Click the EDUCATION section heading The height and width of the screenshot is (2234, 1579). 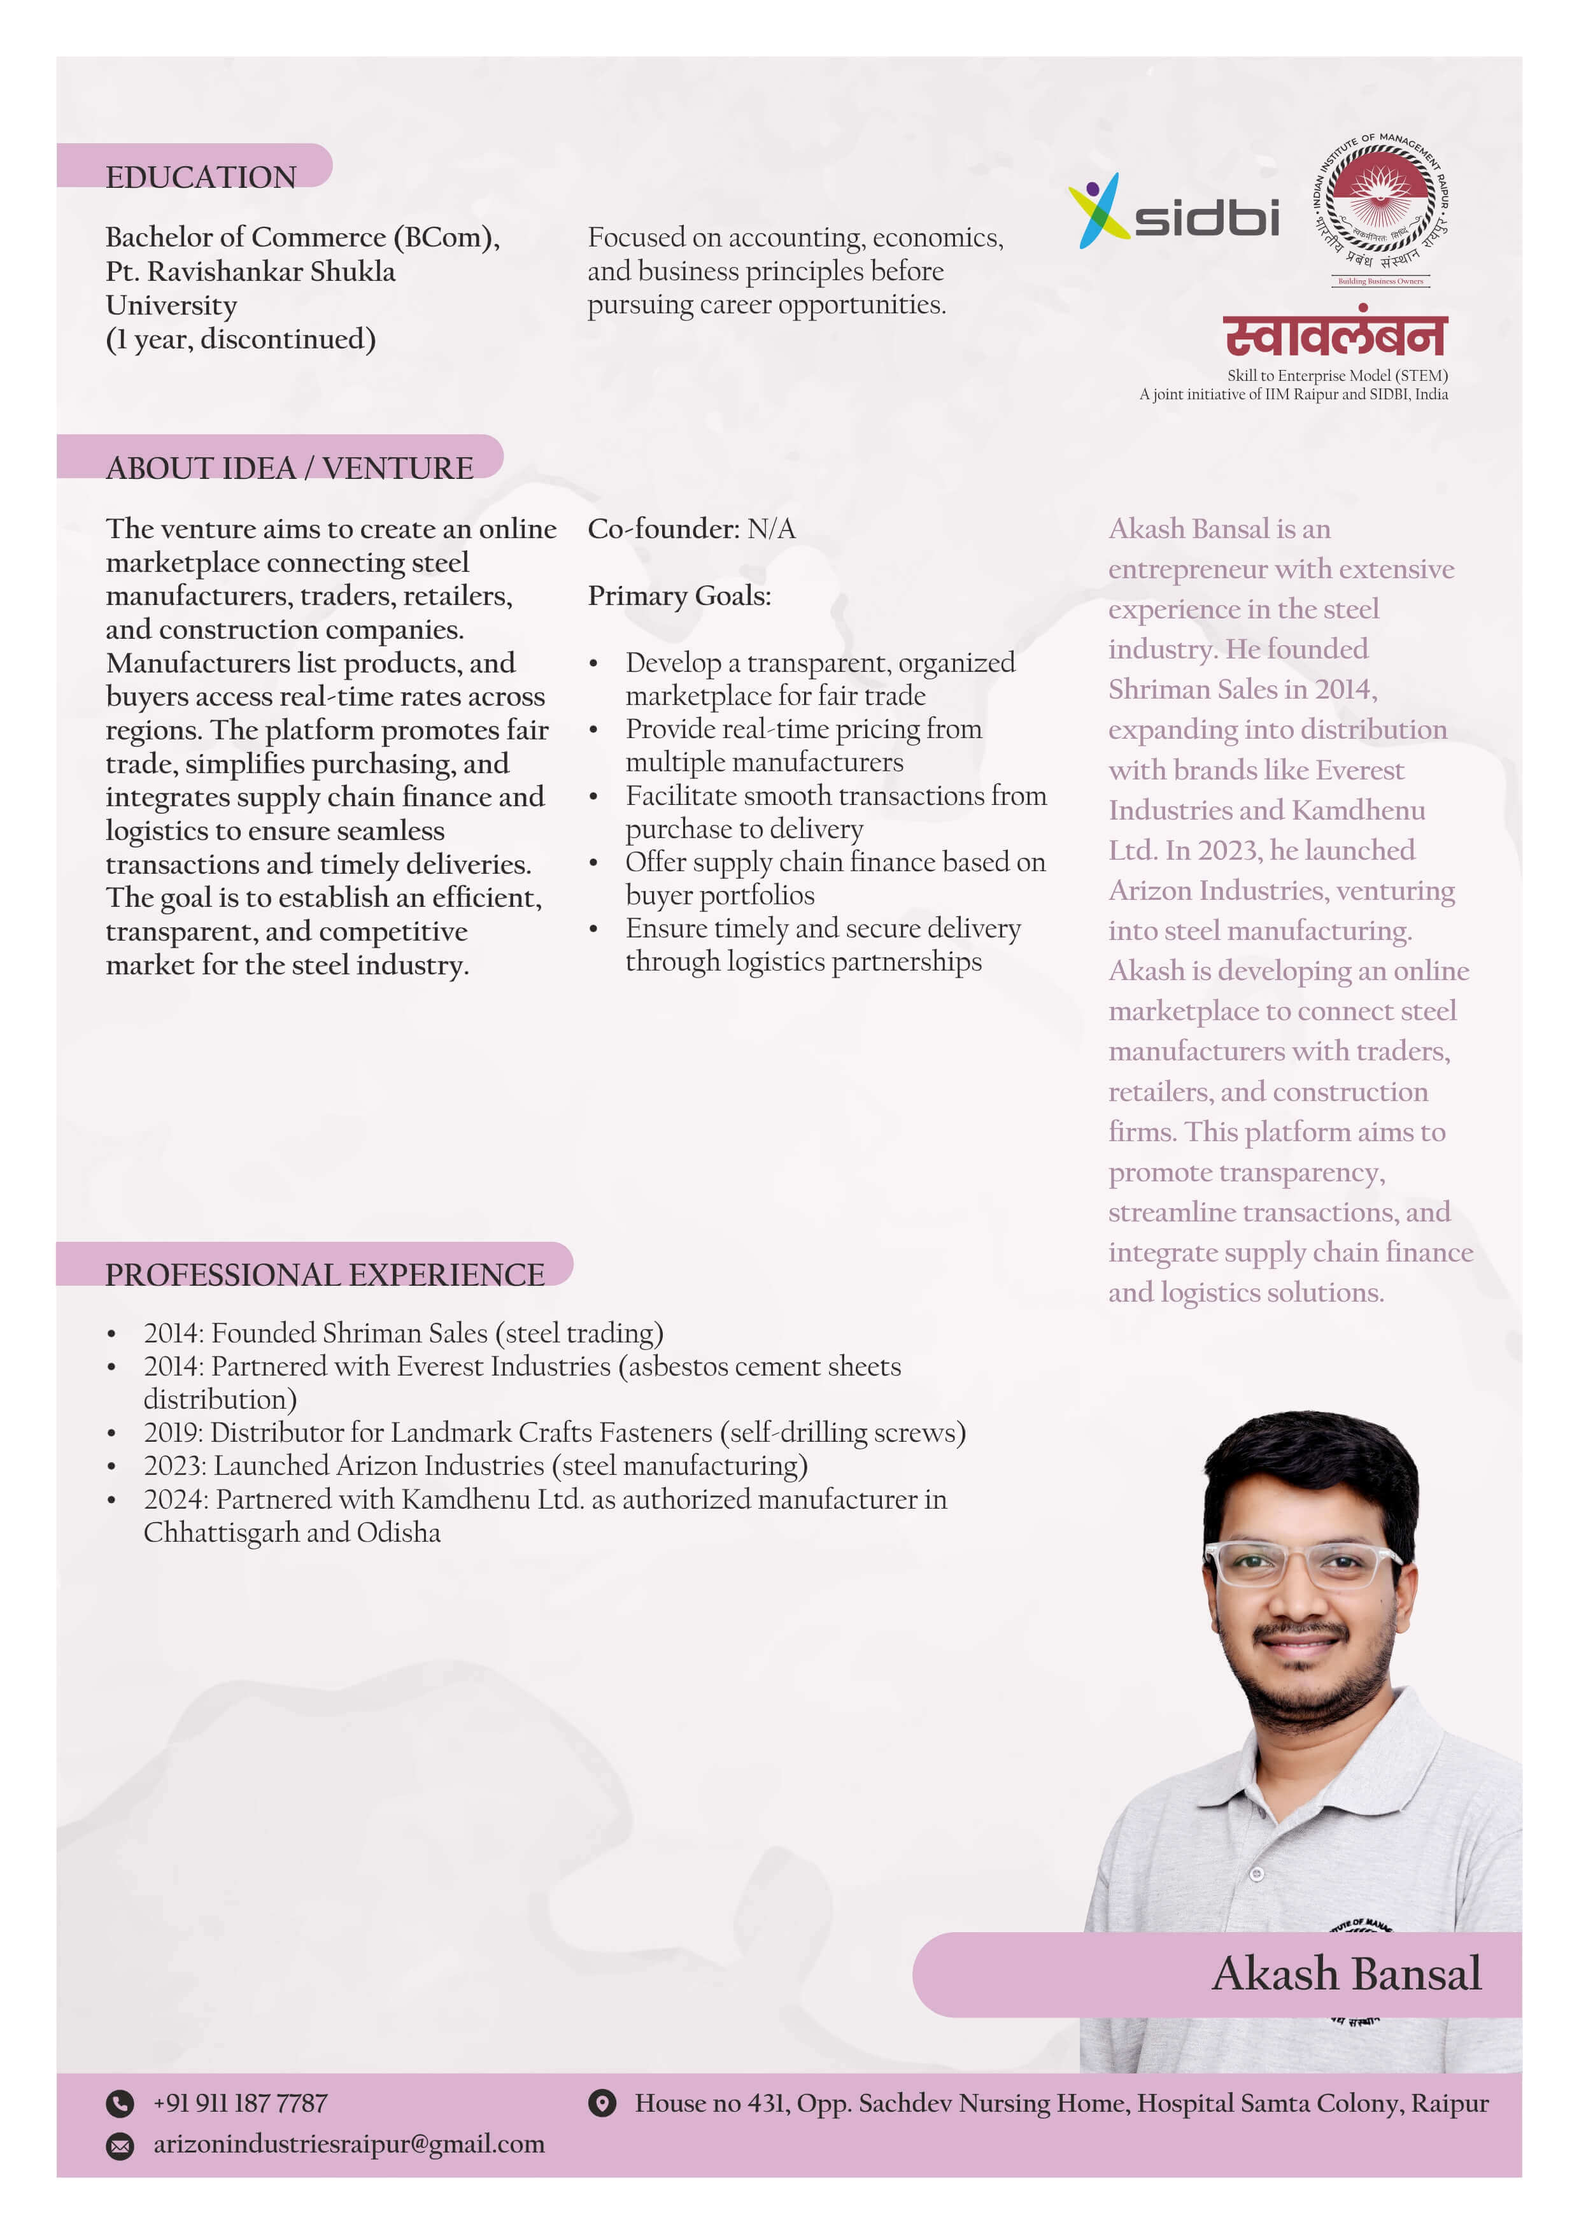coord(201,177)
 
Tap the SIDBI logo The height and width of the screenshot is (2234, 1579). coord(1173,212)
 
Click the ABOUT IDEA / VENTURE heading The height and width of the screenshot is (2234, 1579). coord(289,468)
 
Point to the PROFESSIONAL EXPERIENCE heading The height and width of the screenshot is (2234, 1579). coord(324,1275)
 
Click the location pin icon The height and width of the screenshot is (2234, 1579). coord(602,2103)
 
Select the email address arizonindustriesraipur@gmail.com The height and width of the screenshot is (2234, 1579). coord(348,2144)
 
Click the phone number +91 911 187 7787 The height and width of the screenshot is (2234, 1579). coord(239,2103)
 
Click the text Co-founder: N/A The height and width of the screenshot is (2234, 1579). coord(691,529)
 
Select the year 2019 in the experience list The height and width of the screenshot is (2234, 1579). coord(172,1434)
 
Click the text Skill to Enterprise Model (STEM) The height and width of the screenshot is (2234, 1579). coord(1337,376)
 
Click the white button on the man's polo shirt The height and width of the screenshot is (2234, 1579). coord(1256,1873)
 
